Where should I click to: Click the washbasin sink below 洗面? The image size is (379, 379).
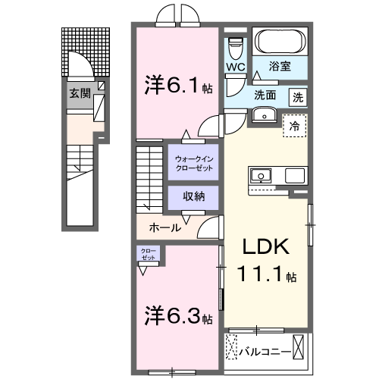coord(265,115)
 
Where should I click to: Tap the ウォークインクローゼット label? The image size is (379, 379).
coord(193,162)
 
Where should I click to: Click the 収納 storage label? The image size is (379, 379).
coord(193,196)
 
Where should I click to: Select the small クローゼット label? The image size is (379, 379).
coord(147,254)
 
